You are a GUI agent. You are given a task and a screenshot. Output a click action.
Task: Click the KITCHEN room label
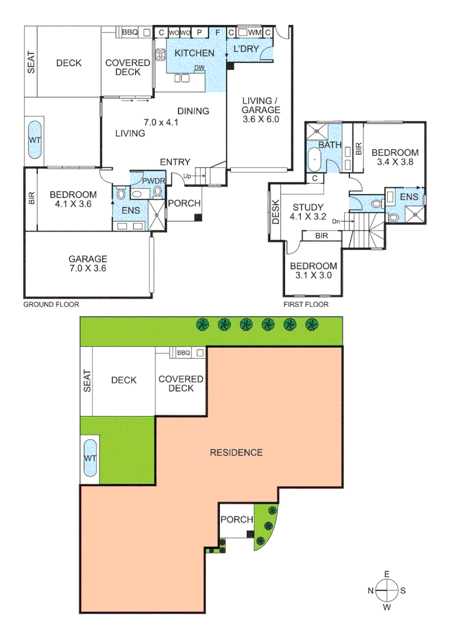(194, 53)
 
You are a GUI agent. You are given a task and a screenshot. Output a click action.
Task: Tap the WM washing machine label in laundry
(254, 32)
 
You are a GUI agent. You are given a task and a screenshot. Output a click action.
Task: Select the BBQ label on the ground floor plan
(130, 33)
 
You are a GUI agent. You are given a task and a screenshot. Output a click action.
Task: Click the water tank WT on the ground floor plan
(34, 140)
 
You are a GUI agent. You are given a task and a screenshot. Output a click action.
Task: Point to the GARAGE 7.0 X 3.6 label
(87, 263)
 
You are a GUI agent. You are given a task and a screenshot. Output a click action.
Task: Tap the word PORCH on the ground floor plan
(184, 203)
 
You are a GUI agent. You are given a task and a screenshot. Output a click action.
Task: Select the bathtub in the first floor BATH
(314, 160)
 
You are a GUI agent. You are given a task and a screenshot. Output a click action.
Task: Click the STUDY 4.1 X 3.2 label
(308, 212)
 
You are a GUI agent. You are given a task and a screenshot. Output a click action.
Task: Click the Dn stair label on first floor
(336, 222)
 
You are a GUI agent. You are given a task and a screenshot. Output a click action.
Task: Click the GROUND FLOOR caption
(51, 305)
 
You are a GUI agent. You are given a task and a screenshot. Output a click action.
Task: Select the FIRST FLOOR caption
(306, 305)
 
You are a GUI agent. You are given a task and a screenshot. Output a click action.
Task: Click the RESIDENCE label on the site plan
(236, 453)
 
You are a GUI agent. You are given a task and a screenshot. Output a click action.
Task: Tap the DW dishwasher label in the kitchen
(200, 68)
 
